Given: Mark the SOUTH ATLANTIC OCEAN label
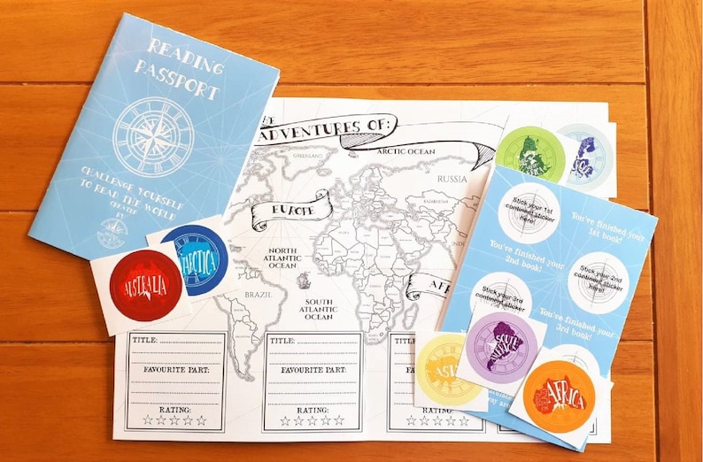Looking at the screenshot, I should click(x=319, y=309).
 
